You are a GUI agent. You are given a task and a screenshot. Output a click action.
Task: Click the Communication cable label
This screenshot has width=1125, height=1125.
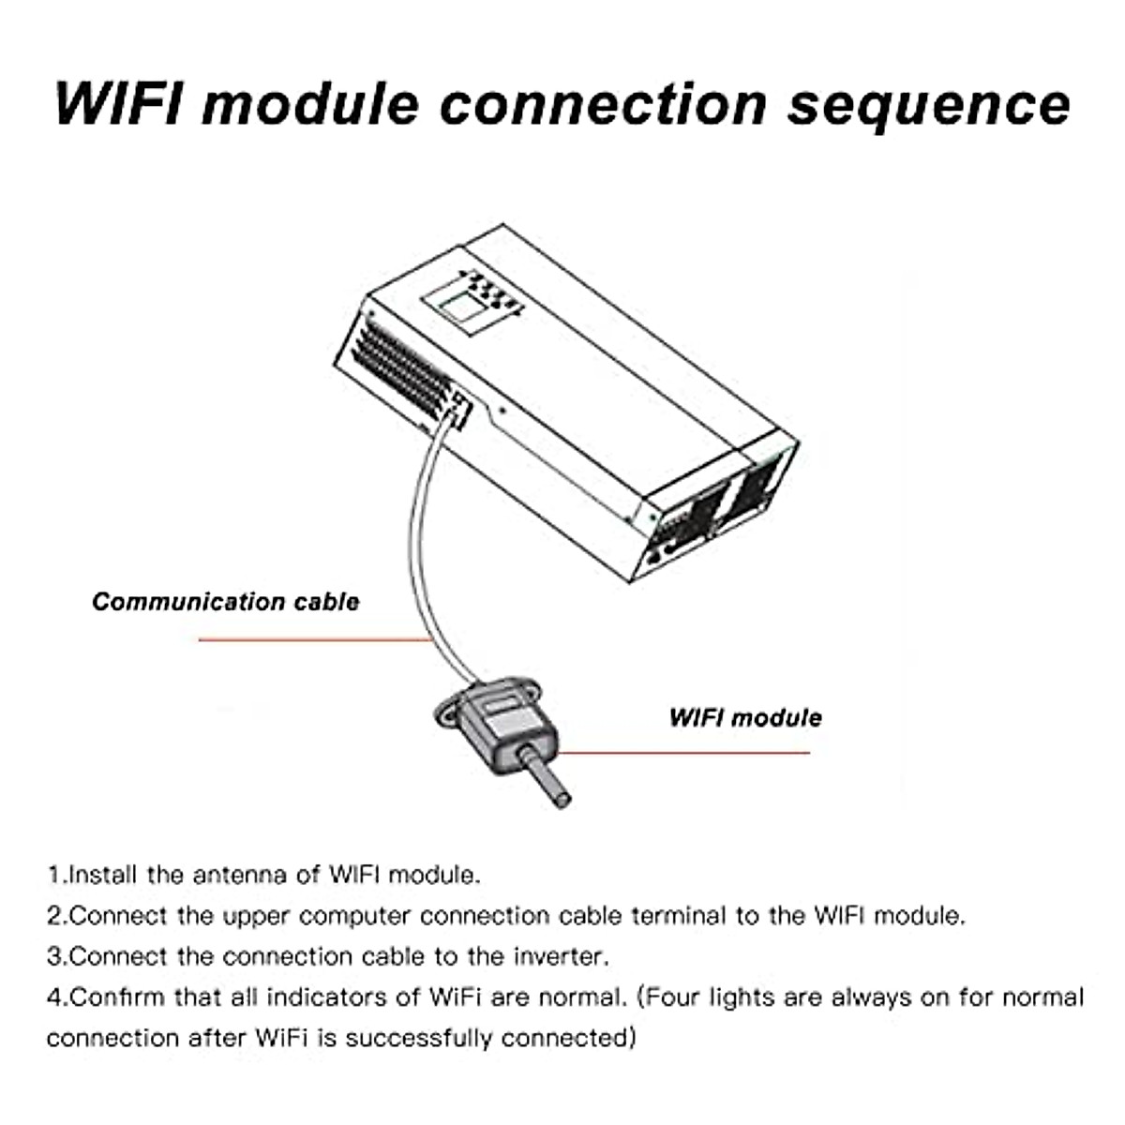click(225, 602)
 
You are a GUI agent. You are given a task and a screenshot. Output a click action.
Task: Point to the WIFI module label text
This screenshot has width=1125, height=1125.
click(745, 718)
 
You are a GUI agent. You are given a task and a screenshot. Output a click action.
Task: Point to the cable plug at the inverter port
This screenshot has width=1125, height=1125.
click(457, 411)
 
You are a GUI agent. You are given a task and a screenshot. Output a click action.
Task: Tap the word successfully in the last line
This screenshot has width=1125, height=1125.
click(420, 1038)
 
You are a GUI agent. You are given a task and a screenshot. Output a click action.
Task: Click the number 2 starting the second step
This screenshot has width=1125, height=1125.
click(54, 915)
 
